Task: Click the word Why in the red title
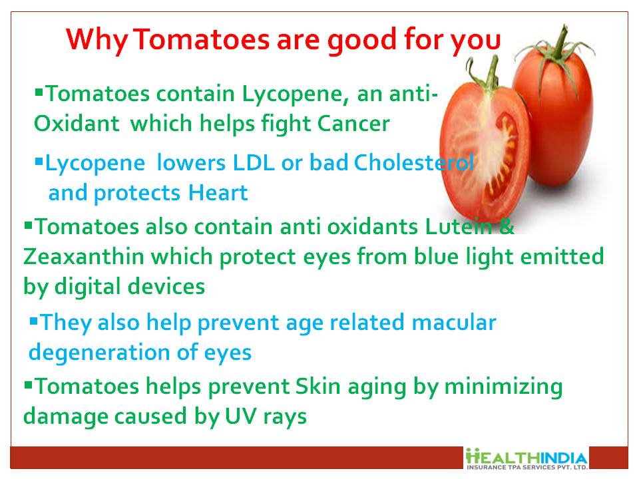[x=97, y=41]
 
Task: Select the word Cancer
[x=353, y=124]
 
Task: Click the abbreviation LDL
[x=253, y=163]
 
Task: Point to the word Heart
[x=218, y=193]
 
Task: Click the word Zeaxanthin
[x=84, y=257]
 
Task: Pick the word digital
[x=89, y=287]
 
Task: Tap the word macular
[x=453, y=322]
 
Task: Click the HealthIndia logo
[x=527, y=458]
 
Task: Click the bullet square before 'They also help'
[x=34, y=321]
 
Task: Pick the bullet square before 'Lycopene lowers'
[x=39, y=162]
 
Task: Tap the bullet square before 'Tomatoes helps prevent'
[x=28, y=385]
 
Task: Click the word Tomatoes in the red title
[x=202, y=39]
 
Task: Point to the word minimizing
[x=503, y=387]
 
